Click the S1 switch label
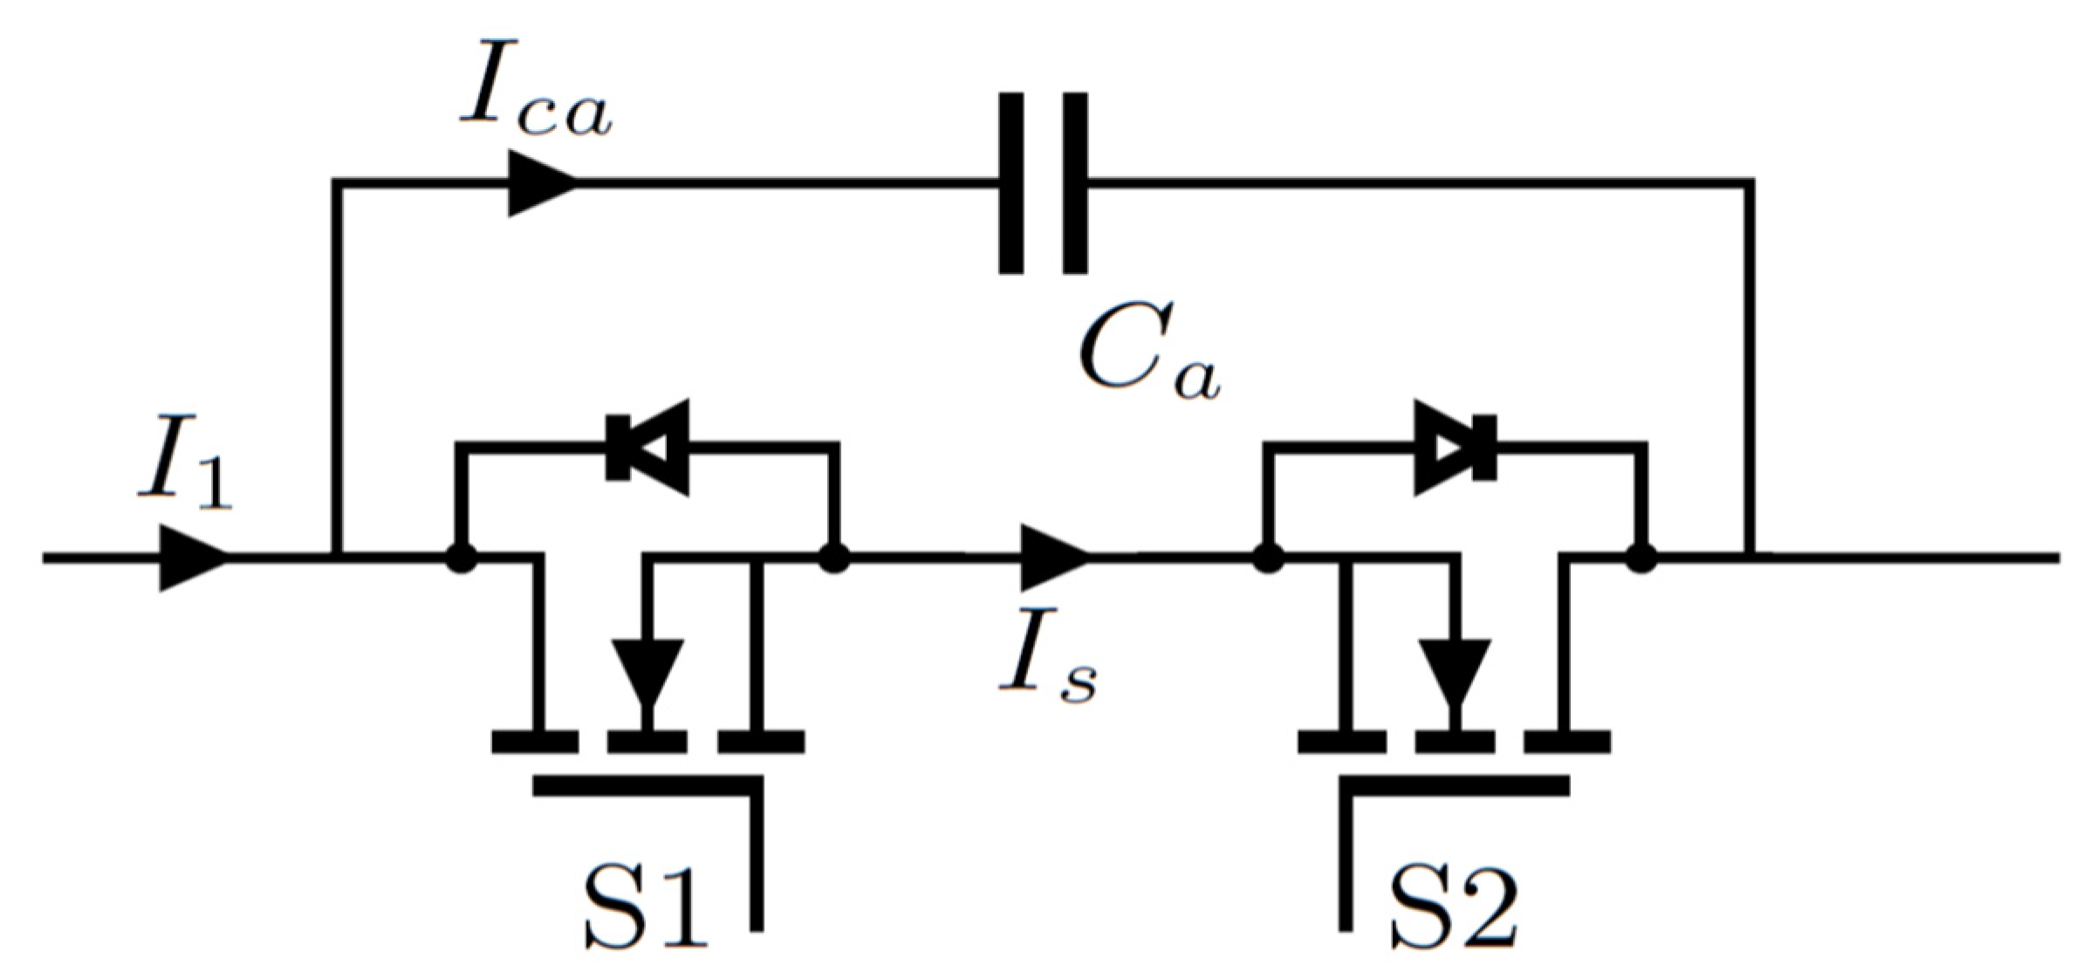644,912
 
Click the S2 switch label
1452,912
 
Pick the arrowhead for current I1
194,558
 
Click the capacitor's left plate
1011,183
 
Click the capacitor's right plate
1074,183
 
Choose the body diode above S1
647,448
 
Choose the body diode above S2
1455,448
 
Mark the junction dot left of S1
462,558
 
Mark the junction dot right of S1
835,558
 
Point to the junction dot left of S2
1268,558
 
